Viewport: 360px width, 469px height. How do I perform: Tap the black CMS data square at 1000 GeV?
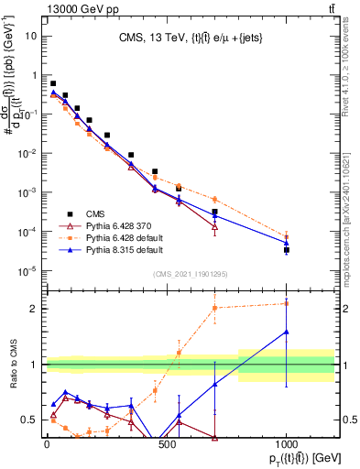point(287,249)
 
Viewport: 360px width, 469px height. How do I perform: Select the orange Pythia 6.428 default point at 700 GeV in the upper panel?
point(214,199)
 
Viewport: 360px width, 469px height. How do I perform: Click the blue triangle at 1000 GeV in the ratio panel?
point(287,332)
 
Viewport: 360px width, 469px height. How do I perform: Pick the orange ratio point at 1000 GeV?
point(287,303)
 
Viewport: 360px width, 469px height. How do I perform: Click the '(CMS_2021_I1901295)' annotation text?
point(190,274)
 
